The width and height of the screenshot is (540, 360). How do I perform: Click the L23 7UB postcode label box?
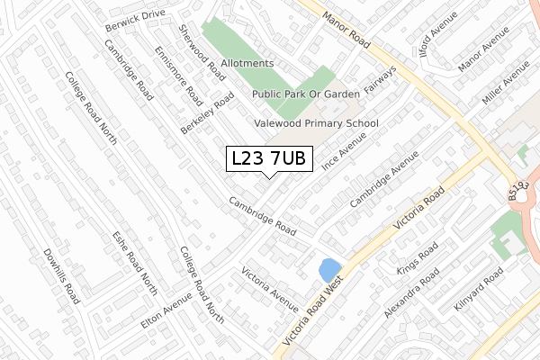269,159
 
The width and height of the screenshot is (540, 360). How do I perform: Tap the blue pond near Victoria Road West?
329,269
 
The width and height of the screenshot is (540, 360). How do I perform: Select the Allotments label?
246,63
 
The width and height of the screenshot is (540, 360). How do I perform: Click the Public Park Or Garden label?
305,93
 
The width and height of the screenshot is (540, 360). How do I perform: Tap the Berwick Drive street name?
136,15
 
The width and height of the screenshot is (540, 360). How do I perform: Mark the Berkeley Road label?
206,112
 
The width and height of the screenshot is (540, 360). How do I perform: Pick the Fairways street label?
381,81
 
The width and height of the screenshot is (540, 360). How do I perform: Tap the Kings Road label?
418,257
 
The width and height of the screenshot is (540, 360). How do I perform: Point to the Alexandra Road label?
411,292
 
